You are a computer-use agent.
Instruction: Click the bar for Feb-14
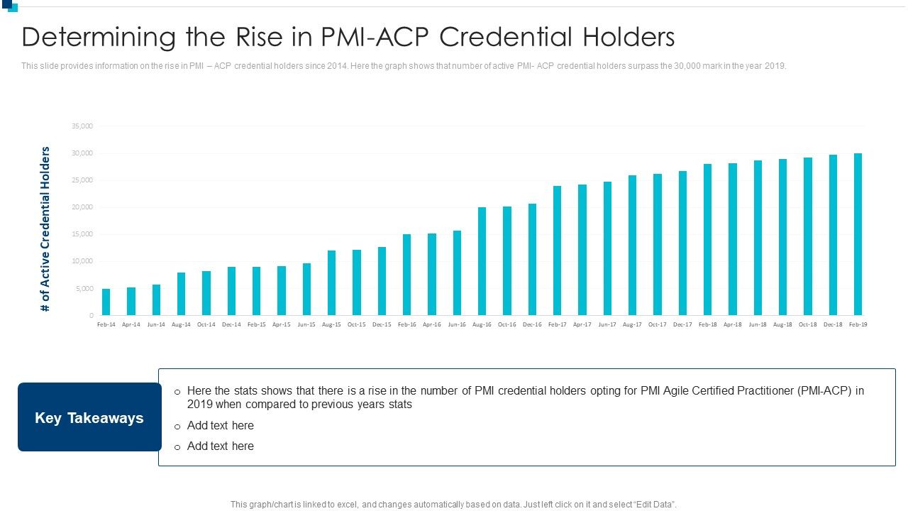click(106, 302)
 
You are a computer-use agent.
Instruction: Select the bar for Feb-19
click(858, 234)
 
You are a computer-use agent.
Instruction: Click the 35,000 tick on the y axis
click(82, 126)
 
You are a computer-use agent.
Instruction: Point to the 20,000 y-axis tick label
click(82, 207)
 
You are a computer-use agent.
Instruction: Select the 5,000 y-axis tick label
click(84, 289)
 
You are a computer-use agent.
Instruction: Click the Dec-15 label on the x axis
click(382, 324)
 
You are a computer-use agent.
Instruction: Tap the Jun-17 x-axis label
click(607, 324)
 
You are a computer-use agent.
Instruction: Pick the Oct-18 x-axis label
click(807, 324)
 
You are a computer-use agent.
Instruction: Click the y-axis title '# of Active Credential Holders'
click(45, 229)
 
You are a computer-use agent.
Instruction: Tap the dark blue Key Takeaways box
click(89, 417)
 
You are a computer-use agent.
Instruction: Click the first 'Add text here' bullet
click(220, 426)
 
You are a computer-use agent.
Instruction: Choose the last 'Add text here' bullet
click(220, 446)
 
